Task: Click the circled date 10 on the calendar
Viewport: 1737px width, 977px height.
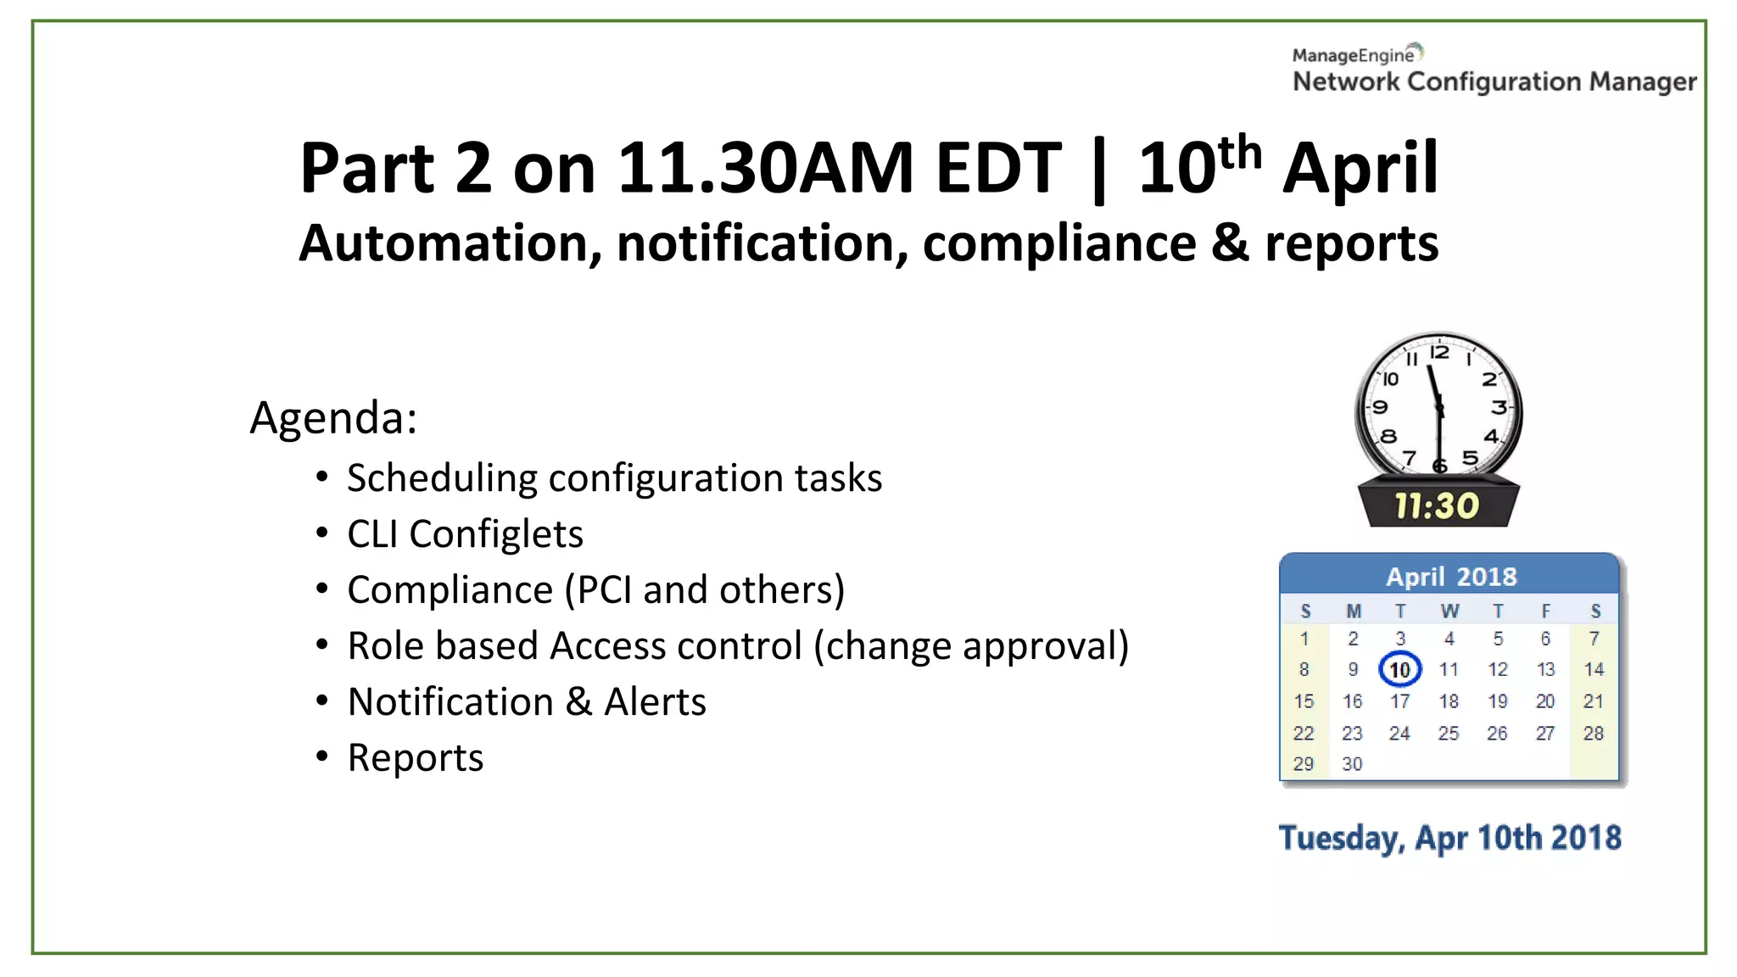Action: [1399, 670]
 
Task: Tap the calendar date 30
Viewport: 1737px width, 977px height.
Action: [1352, 764]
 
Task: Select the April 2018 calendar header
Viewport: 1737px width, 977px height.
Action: [1450, 577]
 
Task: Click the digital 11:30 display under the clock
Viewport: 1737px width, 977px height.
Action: [1437, 506]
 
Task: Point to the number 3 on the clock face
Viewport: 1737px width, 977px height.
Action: [1500, 408]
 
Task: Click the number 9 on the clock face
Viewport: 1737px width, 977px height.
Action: [1381, 408]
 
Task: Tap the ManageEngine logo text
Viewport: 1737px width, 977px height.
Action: [1354, 56]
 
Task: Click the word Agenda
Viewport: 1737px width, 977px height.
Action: [333, 418]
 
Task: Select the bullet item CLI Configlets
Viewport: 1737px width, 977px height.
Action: [465, 534]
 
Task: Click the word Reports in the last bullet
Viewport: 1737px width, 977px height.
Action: [416, 758]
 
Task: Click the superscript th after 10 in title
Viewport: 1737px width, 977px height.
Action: [1240, 153]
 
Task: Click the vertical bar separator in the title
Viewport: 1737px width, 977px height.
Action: [1099, 170]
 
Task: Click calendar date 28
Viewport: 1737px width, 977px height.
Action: [1594, 733]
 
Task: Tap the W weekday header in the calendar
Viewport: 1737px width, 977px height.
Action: [1449, 611]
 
